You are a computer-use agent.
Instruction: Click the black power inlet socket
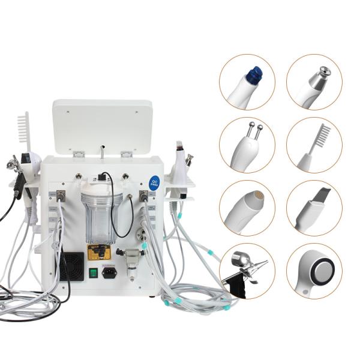tap(110, 272)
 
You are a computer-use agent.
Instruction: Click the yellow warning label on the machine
tap(100, 253)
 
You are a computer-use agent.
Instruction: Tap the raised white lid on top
tap(102, 125)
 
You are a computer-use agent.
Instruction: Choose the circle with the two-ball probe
tap(247, 145)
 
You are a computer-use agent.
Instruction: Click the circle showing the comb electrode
tap(314, 145)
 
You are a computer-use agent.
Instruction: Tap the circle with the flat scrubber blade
tap(314, 208)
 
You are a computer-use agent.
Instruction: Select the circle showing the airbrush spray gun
tap(247, 271)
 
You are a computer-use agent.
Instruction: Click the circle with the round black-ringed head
tap(314, 271)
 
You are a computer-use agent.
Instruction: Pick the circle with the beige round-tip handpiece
tap(247, 208)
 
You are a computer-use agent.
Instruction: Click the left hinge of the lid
tap(78, 154)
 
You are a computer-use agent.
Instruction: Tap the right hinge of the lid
tap(126, 154)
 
